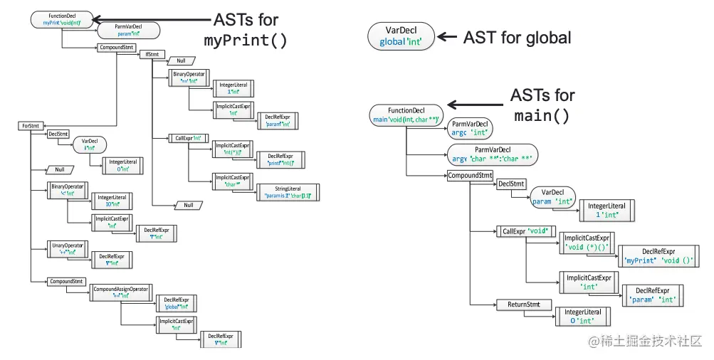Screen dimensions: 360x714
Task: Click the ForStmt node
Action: point(30,126)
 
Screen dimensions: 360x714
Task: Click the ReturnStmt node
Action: point(523,305)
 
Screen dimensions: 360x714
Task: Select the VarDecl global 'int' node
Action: point(400,36)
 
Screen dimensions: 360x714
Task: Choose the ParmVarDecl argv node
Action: point(492,154)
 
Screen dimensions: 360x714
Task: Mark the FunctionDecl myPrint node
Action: point(62,19)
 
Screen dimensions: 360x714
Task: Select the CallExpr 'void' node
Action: point(525,231)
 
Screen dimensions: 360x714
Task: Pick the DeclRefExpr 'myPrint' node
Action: point(658,256)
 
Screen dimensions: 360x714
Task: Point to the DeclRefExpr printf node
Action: point(280,160)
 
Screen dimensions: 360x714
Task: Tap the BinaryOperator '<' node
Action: point(68,190)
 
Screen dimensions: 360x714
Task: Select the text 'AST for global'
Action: point(517,37)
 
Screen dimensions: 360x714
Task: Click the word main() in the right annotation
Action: point(542,115)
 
